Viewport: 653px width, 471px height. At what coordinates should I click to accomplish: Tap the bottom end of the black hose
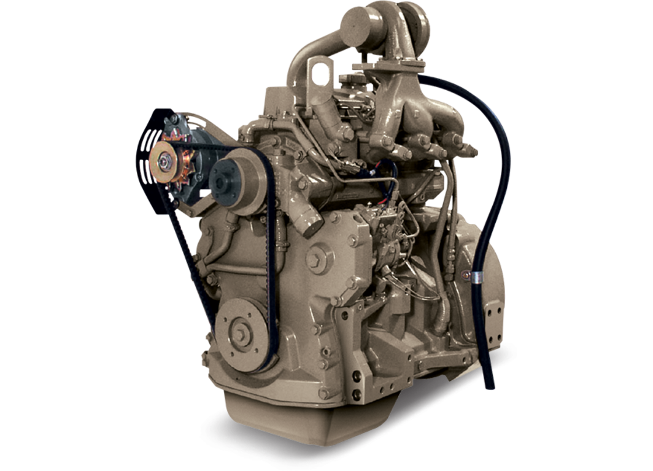coord(489,385)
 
